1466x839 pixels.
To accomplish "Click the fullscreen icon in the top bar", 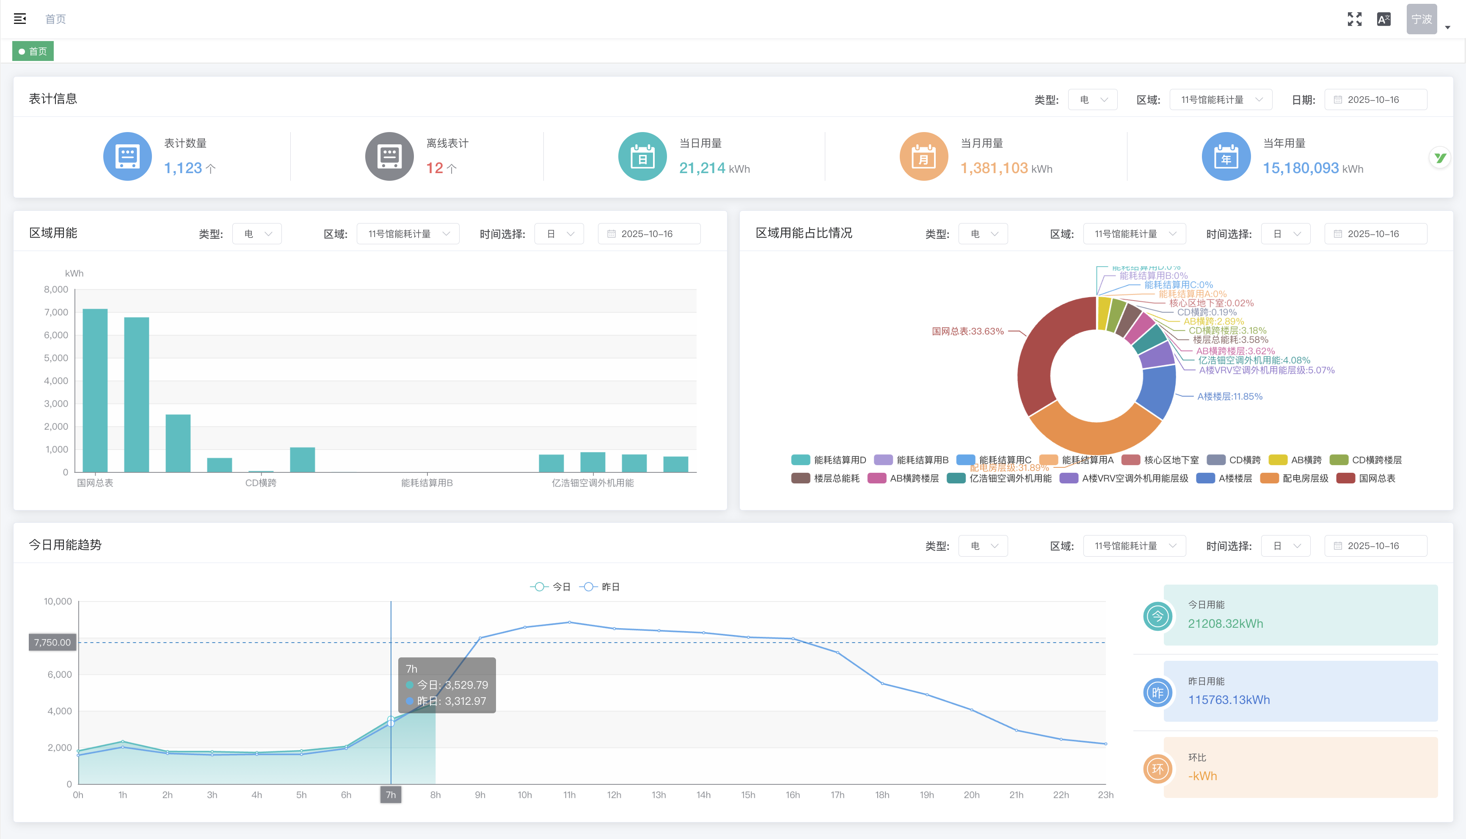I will click(1354, 19).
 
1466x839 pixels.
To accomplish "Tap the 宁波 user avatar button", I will click(1421, 19).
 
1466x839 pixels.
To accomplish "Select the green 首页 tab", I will click(33, 51).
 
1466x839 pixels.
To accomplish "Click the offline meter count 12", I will click(435, 168).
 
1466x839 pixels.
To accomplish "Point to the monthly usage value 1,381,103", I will click(994, 168).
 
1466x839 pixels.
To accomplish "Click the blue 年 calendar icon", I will click(1226, 157).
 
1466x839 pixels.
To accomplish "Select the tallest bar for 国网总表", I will click(95, 390).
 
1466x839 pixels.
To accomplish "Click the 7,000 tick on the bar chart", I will click(56, 312).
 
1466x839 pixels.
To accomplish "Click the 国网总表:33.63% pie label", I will click(968, 331).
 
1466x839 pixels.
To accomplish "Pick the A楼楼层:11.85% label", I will click(1229, 397).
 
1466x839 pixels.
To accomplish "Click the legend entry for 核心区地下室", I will click(1171, 460).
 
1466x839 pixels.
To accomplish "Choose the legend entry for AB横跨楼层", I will click(914, 478).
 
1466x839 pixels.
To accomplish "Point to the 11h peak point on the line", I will click(569, 622).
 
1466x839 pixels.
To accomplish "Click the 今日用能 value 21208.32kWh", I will click(1225, 624).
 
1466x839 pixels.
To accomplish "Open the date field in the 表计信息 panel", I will click(1375, 99).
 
